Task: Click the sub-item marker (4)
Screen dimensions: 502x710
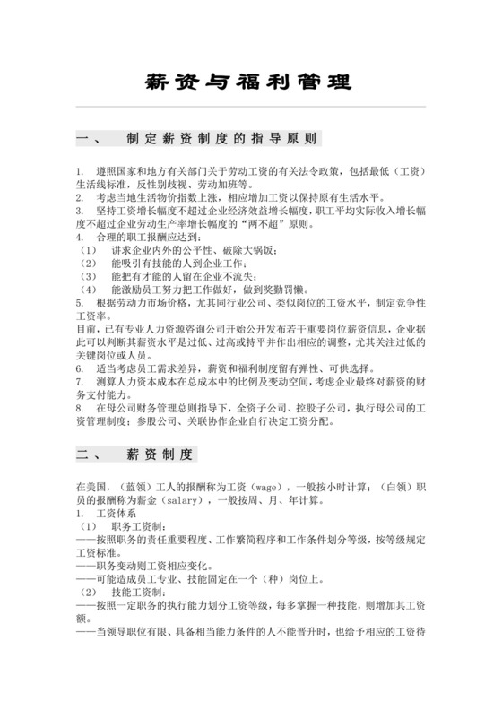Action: [87, 290]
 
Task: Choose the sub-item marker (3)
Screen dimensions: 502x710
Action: [87, 277]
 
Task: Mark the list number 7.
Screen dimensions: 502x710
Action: [80, 381]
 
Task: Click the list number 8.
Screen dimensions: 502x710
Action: [80, 408]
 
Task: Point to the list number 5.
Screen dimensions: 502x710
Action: [80, 304]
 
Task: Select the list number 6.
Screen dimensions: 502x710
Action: [80, 368]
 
